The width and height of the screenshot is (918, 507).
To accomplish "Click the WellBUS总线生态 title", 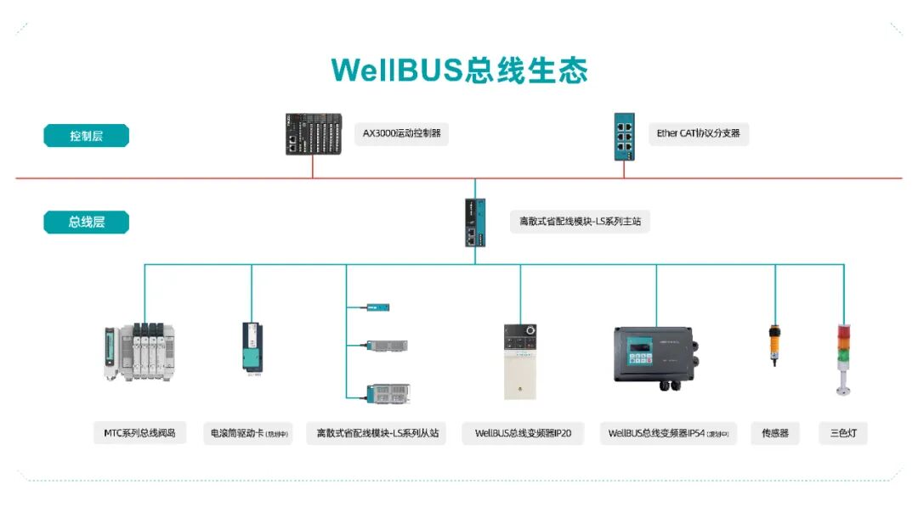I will point(459,70).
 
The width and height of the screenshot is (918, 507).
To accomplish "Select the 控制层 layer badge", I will point(86,136).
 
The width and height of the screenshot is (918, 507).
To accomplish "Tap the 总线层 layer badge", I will point(86,223).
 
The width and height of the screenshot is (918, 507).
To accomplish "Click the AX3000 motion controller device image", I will point(313,134).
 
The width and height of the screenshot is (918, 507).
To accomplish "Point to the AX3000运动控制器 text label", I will point(401,134).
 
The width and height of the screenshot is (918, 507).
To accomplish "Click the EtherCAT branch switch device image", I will point(624,133).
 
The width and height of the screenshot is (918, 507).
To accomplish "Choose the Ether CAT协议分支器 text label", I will point(698,134).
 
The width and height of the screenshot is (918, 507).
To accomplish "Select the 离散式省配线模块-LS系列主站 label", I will point(580,223).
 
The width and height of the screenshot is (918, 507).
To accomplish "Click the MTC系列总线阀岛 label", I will point(139,433).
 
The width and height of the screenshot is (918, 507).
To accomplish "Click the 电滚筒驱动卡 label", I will point(247,433).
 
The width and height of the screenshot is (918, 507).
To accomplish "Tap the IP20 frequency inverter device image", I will point(520,361).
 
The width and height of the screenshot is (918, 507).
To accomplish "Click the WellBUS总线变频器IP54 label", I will point(667,433).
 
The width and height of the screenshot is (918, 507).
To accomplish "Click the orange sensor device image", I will point(774,343).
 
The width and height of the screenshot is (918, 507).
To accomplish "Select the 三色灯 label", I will point(843,433).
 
